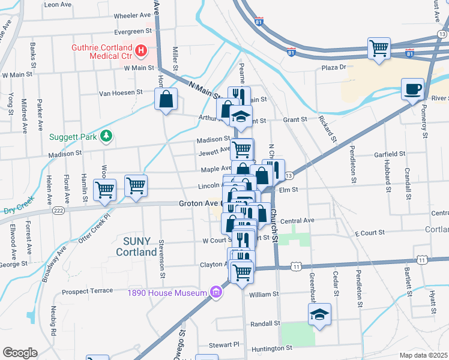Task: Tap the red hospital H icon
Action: click(141, 50)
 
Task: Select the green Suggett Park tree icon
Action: click(106, 136)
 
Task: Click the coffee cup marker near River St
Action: click(412, 89)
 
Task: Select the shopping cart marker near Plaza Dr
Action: click(379, 47)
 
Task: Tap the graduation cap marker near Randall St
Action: click(319, 314)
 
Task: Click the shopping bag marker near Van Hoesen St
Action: click(166, 98)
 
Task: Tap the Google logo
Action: click(20, 353)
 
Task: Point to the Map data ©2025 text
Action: click(424, 355)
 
